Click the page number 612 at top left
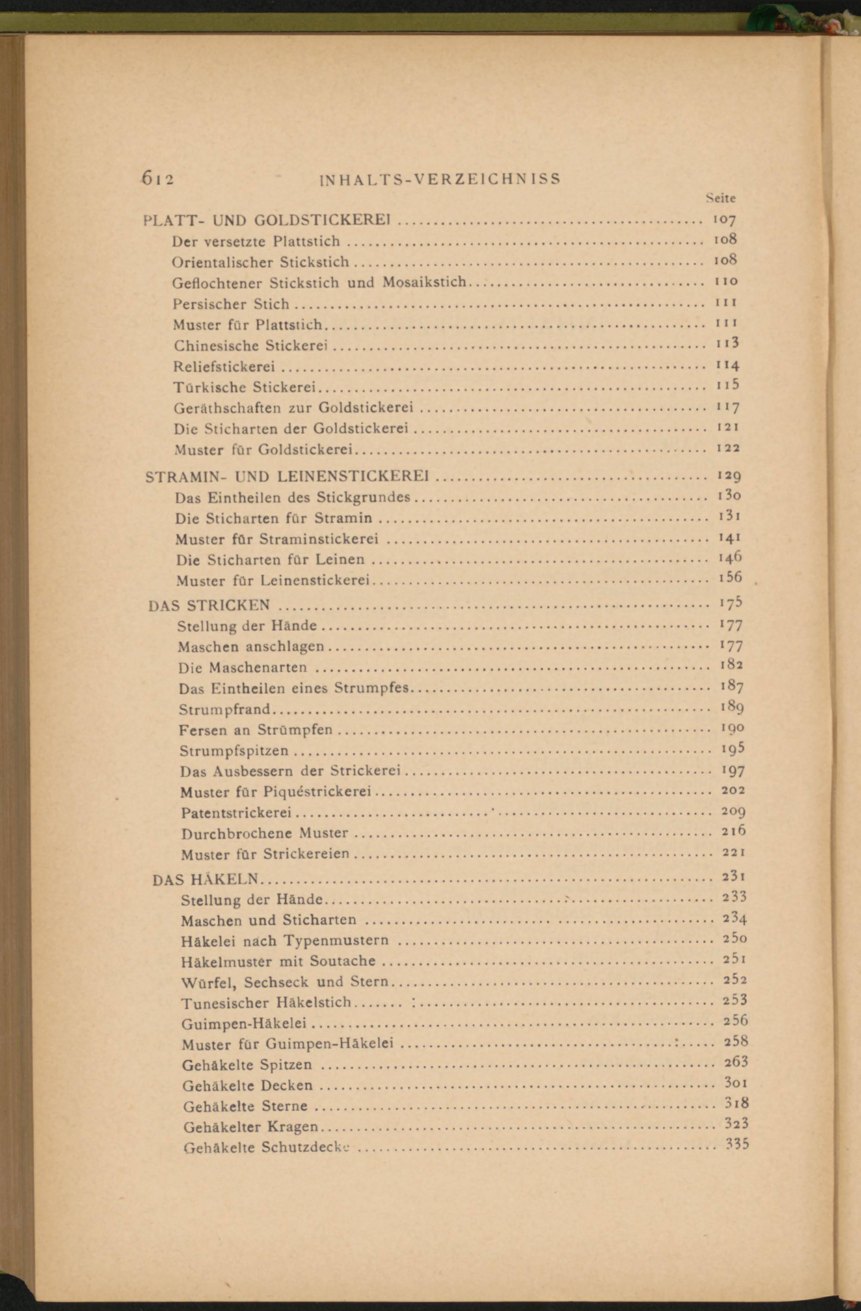[x=158, y=179]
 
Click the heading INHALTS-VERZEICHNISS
[x=440, y=179]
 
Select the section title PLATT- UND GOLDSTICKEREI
[x=267, y=220]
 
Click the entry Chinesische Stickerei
[x=251, y=346]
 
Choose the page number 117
[x=727, y=407]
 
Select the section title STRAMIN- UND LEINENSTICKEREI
[x=287, y=476]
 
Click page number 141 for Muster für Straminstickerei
[x=729, y=538]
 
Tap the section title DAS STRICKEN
[x=210, y=605]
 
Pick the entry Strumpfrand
[x=224, y=709]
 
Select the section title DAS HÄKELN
[x=205, y=880]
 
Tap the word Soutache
[x=342, y=961]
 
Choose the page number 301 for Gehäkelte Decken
[x=735, y=1083]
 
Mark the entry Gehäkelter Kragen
[x=251, y=1127]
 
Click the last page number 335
[x=737, y=1144]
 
